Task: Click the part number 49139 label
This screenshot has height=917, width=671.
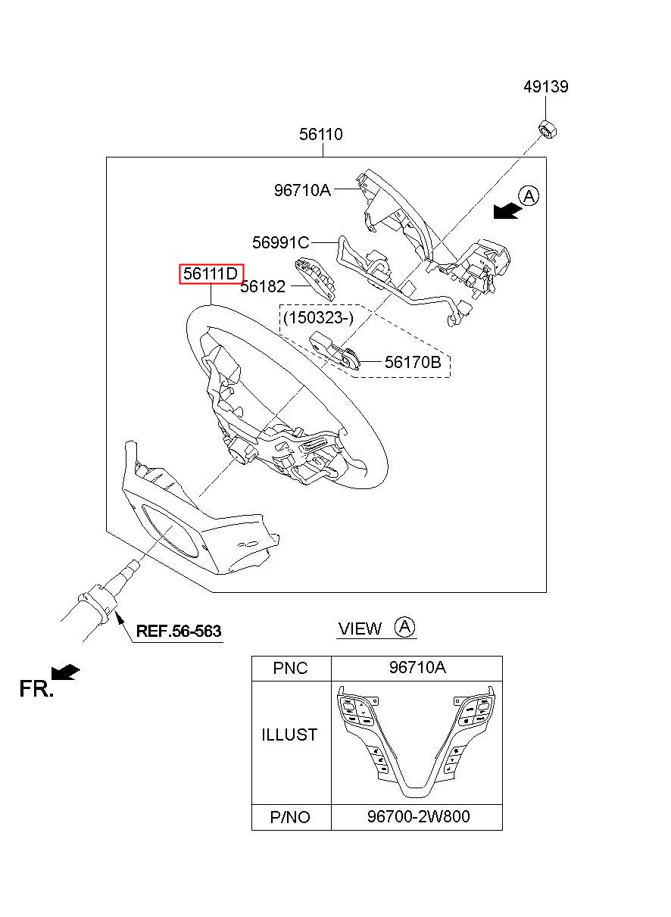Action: (x=546, y=87)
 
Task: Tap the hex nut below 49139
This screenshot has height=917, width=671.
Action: (x=547, y=129)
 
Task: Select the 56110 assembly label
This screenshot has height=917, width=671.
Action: (x=321, y=134)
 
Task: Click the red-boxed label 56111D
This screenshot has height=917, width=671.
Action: (x=211, y=274)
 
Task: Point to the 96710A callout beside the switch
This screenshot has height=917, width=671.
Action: (x=302, y=190)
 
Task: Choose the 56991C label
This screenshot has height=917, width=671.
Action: (x=281, y=243)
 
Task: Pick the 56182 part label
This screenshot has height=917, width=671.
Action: (x=263, y=286)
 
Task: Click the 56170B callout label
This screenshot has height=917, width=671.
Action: (x=413, y=362)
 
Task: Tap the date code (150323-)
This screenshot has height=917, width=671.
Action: (x=318, y=318)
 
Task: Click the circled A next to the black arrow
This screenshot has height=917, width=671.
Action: (x=529, y=196)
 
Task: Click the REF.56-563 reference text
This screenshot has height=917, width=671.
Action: (x=179, y=631)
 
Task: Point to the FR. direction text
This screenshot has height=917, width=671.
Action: (x=36, y=688)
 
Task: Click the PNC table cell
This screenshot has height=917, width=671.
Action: (x=291, y=668)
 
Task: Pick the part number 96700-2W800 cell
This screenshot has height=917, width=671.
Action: (x=417, y=817)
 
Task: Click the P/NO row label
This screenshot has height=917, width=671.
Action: (x=290, y=818)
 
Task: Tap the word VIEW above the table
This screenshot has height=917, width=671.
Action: (x=360, y=628)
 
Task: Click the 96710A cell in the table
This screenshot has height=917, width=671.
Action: (x=417, y=668)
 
